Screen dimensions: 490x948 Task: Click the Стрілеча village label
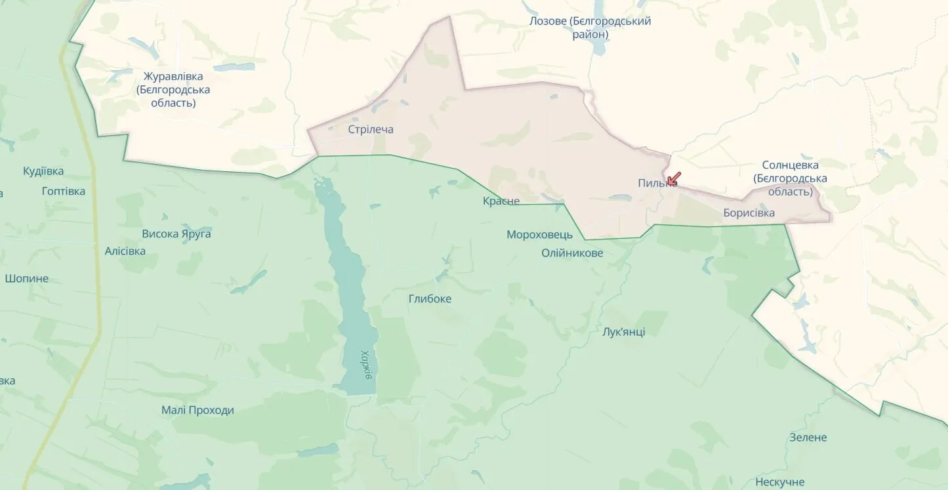click(371, 129)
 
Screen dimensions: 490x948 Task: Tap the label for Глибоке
click(430, 299)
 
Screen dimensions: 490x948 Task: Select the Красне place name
click(501, 201)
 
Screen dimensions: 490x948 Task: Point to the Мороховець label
click(539, 235)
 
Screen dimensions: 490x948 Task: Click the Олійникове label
click(572, 253)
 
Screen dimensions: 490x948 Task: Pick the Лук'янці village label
click(623, 332)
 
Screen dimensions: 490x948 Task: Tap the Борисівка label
click(749, 213)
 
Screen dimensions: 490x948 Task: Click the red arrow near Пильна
click(674, 178)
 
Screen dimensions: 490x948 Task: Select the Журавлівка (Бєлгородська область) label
click(173, 90)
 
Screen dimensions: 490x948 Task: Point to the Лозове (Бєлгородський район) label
click(590, 28)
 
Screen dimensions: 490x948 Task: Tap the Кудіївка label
click(43, 171)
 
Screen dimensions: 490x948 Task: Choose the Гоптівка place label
click(63, 192)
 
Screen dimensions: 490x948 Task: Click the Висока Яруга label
click(176, 234)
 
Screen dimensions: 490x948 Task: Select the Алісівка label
click(125, 251)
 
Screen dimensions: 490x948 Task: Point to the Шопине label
click(27, 278)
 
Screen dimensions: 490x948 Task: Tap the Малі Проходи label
click(197, 411)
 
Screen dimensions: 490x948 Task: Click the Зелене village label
click(808, 438)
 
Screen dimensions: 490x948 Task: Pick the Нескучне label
click(779, 482)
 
